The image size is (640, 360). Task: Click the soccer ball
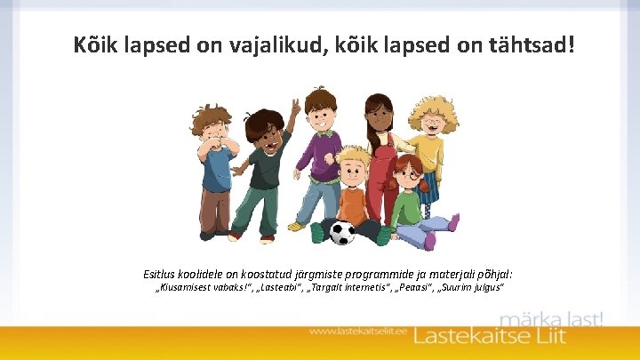tap(342, 233)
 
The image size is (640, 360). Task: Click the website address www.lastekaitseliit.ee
tap(359, 332)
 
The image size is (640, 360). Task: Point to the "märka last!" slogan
tap(551, 318)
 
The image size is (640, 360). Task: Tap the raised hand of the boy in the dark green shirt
tap(294, 109)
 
